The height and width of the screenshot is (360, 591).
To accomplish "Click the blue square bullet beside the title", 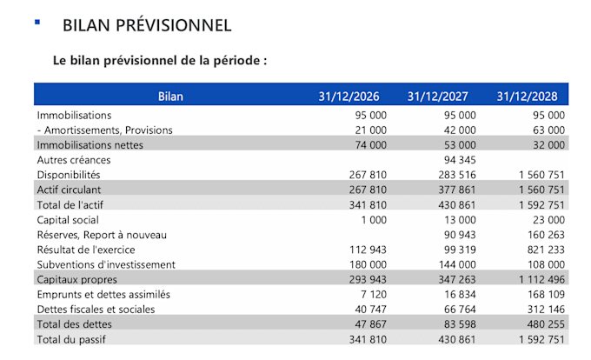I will click(37, 22).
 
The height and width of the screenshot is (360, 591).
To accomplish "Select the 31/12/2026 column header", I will click(352, 97).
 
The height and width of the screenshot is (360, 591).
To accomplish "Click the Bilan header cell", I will click(171, 97).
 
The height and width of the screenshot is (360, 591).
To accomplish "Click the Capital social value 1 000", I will click(372, 220).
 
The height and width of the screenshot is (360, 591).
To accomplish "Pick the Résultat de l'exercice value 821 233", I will click(542, 250).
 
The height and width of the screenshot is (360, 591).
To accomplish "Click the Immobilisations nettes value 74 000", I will click(368, 145).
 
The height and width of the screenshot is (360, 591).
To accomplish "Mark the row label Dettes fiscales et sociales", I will click(96, 310).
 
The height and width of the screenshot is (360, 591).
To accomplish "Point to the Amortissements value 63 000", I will click(545, 130).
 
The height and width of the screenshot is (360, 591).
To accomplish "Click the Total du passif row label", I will click(71, 339).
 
